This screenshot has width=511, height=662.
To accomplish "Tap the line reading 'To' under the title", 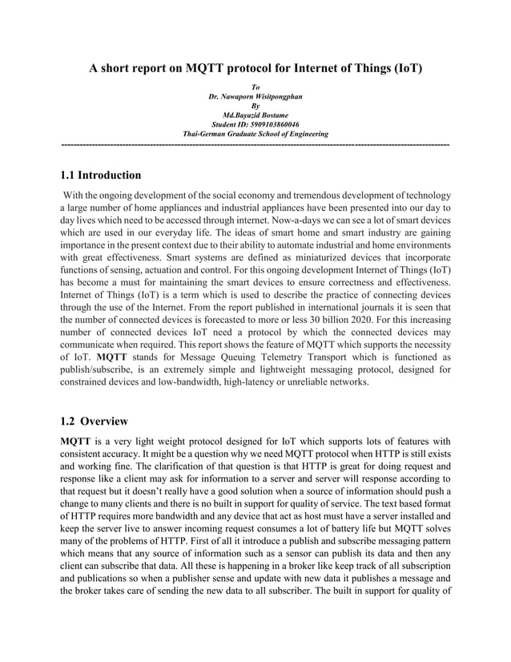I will coord(255,87).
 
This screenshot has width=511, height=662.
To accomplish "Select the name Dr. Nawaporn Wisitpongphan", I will coord(255,96).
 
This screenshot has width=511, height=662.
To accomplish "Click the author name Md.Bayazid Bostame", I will coord(255,115).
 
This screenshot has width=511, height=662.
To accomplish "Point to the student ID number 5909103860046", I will coord(276,125).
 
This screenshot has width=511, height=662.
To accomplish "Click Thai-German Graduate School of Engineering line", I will coord(255,135).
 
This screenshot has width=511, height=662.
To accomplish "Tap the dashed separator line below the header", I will coord(255,143).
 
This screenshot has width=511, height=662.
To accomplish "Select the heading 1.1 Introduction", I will coord(101,175).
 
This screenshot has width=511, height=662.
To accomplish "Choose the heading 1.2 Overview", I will coord(94,421).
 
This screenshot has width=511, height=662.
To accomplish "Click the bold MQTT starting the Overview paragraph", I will coord(76,441).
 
